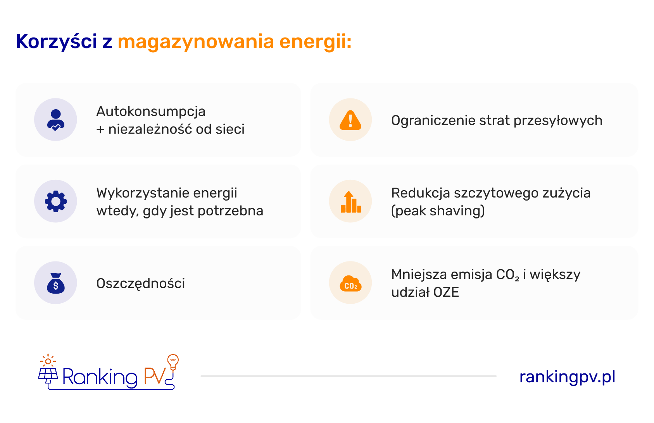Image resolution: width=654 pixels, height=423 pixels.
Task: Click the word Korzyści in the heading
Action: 56,41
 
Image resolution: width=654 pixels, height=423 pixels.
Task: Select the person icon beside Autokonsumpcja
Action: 55,120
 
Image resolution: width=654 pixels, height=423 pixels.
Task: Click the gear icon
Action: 55,201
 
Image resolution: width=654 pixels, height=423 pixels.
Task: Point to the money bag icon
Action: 55,283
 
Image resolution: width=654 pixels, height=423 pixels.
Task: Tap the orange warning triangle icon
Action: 350,120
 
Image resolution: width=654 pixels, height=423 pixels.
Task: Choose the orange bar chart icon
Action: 350,202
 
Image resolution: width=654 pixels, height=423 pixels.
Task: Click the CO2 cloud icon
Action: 350,284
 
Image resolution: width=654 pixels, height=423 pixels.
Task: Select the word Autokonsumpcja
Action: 151,112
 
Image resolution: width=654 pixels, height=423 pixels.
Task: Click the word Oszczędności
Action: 141,284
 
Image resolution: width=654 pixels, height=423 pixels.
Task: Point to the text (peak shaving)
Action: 438,211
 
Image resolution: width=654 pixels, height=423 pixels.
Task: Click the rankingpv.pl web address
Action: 567,377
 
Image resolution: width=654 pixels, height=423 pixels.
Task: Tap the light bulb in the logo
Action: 173,361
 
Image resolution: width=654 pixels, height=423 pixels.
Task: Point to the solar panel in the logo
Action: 48,374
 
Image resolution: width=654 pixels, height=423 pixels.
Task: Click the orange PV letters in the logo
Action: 155,376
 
